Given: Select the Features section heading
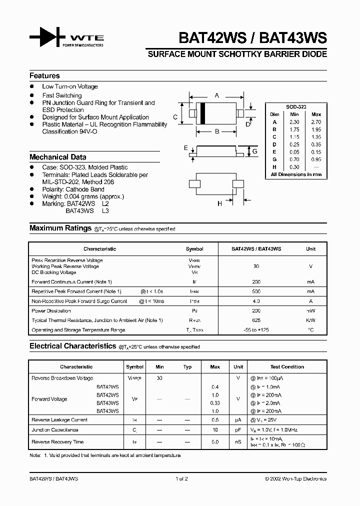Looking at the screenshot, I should coord(44,75).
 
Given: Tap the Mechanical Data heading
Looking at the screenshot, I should coord(57,156).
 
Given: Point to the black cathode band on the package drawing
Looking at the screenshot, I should coord(203,113).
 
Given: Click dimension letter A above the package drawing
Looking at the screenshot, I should coord(216,95).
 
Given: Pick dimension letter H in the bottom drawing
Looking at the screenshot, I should coord(219,203).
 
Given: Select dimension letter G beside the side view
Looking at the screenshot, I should coord(254,151).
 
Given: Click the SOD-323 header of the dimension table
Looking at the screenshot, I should coord(296,107).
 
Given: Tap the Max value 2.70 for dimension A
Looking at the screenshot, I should coord(316,122).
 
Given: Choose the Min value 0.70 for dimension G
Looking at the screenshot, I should coord(294,159).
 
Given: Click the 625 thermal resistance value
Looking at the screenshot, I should coord(256,320).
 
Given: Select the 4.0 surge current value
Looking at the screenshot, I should coord(256,301).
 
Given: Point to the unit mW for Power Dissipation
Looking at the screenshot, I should coord(310,310).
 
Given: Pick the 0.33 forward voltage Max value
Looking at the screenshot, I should coord(215,402).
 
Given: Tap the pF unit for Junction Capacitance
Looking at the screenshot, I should coord(238,429).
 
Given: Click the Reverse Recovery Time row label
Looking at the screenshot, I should coord(57,442).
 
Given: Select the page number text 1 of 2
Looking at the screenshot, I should coord(181,478).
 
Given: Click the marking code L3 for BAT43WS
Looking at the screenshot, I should coord(105,211).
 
